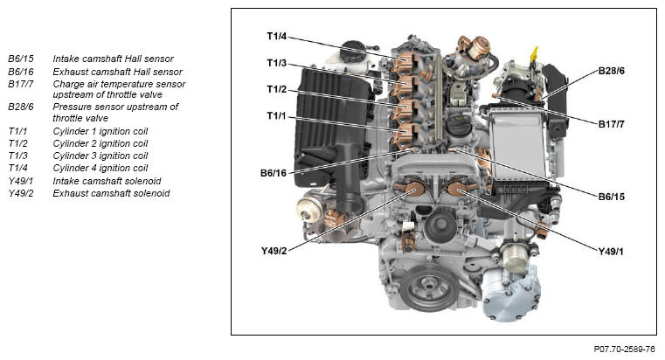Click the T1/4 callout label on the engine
pos(276,37)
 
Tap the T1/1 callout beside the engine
pos(276,115)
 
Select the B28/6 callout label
pos(611,71)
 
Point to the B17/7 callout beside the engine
pos(611,124)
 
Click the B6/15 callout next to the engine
pos(611,197)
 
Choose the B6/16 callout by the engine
pos(274,173)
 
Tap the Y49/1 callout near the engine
pos(611,252)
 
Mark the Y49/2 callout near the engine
pos(274,251)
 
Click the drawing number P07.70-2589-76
pos(624,349)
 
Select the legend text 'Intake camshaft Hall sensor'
pos(114,59)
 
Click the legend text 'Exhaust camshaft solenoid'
pos(111,193)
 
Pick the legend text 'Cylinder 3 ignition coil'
pos(100,156)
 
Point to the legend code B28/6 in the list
pos(21,107)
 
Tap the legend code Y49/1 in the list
pos(21,181)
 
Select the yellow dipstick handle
pos(534,54)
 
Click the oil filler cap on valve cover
pos(460,123)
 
